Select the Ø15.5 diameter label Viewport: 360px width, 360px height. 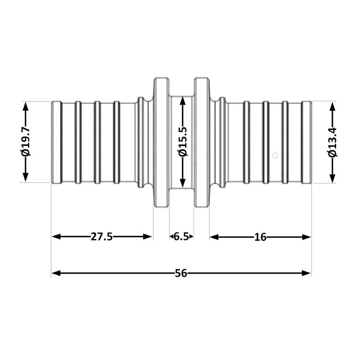coord(183,141)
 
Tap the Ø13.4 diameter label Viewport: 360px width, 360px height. coord(333,142)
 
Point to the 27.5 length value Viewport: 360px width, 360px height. coord(102,237)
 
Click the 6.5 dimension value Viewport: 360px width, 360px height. coord(181,237)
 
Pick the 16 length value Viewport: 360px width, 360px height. coord(260,237)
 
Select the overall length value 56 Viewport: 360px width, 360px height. coord(181,273)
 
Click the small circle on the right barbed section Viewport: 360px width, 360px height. coord(275,156)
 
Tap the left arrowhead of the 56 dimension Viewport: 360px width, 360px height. coord(56,273)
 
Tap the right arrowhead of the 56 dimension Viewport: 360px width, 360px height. coord(306,273)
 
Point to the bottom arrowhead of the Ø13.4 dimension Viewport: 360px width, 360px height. coord(333,178)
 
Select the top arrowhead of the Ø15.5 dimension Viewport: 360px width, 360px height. coord(183,101)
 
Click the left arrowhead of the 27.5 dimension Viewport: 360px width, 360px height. coord(56,237)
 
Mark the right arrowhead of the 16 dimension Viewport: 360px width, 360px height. coord(306,237)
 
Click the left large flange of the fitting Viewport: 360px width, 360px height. coord(162,142)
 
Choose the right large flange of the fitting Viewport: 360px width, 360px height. coord(202,142)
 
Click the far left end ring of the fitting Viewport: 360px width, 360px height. coord(57,142)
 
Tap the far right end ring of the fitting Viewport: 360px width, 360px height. coord(306,142)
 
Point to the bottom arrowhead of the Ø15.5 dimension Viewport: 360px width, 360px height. coord(183,183)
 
